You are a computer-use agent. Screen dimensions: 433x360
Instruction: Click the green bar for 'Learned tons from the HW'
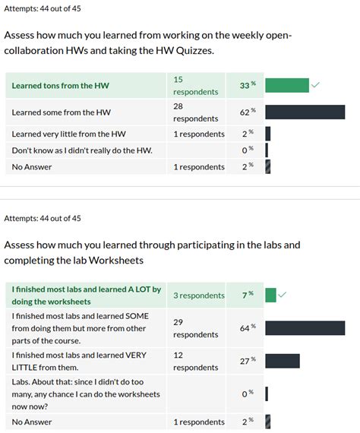[287, 85]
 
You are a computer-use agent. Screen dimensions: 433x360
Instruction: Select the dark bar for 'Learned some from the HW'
[305, 112]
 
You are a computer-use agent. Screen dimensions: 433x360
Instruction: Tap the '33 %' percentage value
[248, 86]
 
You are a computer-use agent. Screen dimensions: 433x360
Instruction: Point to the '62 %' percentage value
[248, 112]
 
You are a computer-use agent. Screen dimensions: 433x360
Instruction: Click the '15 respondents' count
[195, 85]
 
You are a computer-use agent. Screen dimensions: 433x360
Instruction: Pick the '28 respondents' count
[195, 112]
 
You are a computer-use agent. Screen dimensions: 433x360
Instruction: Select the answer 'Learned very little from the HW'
[69, 134]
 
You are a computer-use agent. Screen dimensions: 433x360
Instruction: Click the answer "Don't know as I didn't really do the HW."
[82, 150]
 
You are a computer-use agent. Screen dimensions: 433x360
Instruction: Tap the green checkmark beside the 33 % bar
[316, 84]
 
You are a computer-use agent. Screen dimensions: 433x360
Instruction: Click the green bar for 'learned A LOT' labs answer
[270, 295]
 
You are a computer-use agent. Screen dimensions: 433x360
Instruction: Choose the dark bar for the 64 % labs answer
[305, 328]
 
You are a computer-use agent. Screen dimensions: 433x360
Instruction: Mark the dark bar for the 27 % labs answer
[283, 361]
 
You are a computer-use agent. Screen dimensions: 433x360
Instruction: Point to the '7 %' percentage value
[248, 295]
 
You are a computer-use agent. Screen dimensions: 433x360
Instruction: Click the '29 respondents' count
[195, 328]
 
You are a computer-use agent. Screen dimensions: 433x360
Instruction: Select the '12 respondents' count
[195, 361]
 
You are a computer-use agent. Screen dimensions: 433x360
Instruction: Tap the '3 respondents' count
[199, 296]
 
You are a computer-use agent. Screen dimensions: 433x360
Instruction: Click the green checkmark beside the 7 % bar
[283, 294]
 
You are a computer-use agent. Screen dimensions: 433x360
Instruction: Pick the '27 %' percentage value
[248, 361]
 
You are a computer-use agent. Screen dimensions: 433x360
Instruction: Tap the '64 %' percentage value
[248, 328]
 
